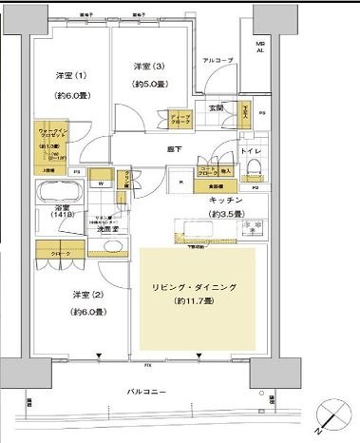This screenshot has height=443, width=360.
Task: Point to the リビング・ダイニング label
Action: point(199,286)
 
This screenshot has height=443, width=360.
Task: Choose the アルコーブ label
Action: point(218,60)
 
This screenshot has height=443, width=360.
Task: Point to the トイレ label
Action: point(251,151)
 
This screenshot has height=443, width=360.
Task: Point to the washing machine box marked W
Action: point(101,183)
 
